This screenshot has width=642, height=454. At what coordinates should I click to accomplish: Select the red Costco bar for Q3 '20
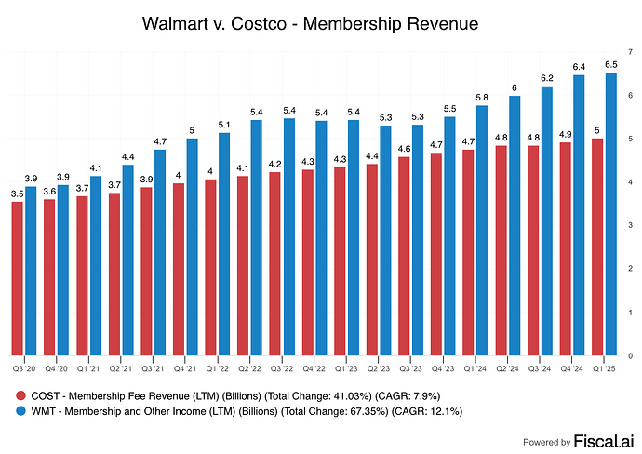coord(18,278)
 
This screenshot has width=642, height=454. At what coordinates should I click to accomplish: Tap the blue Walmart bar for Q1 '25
coord(611,214)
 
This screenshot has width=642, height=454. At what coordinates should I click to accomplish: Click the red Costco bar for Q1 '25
coord(596,247)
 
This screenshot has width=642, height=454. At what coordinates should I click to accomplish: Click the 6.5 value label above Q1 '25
coord(611,63)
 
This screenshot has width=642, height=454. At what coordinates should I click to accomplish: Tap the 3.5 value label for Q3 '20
coord(18,193)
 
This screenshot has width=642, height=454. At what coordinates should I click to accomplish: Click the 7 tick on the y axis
coord(632,52)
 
